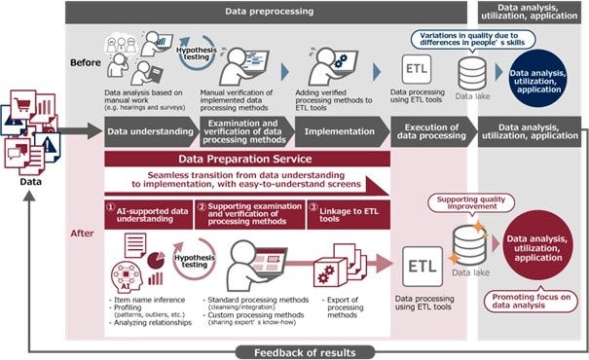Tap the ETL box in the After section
(x=421, y=265)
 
